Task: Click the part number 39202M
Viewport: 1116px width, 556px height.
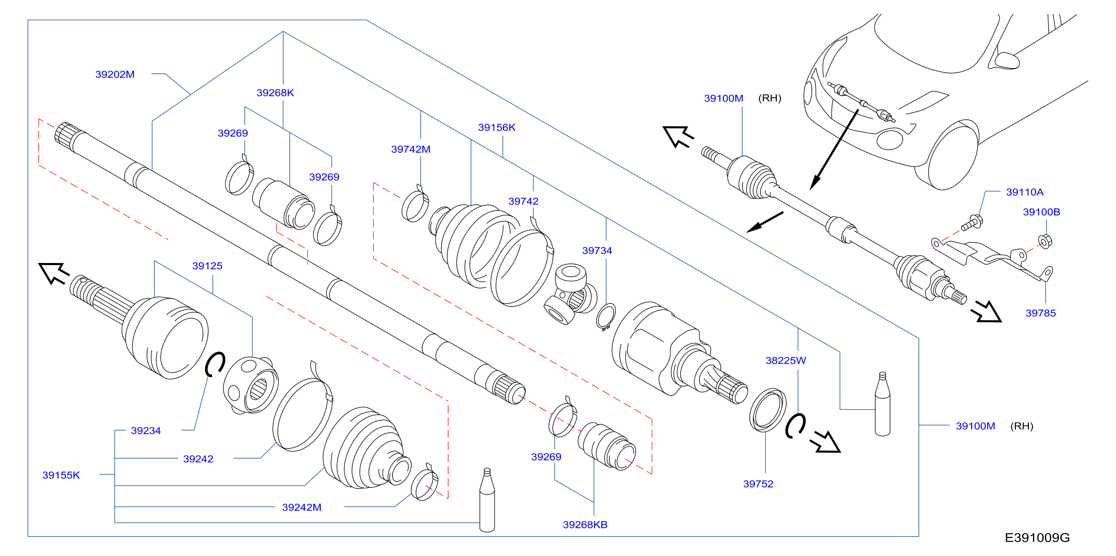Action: pyautogui.click(x=115, y=75)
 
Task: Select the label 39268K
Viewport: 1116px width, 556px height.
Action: pyautogui.click(x=275, y=93)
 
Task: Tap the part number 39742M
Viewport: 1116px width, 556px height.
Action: pyautogui.click(x=411, y=149)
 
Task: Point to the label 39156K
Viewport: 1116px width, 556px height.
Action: pyautogui.click(x=496, y=127)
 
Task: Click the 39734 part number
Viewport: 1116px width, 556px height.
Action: pyautogui.click(x=597, y=251)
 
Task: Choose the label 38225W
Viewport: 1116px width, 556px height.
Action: pyautogui.click(x=785, y=360)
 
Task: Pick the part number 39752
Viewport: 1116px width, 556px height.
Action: pyautogui.click(x=758, y=484)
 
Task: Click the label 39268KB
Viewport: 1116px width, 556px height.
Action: pyautogui.click(x=585, y=525)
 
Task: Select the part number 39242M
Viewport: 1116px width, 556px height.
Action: pyautogui.click(x=302, y=507)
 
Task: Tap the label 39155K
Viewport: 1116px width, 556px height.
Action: pyautogui.click(x=61, y=475)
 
